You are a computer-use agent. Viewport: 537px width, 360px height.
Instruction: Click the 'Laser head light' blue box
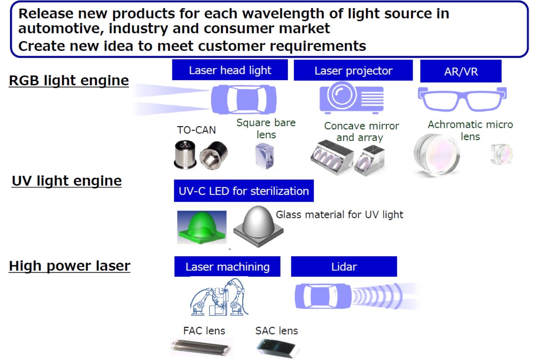[230, 70]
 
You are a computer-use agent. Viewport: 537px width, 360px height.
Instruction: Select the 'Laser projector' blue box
[353, 70]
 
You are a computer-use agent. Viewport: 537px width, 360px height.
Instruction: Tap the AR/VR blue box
[461, 71]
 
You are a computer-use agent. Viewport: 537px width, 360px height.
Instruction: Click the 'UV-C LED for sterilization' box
[244, 191]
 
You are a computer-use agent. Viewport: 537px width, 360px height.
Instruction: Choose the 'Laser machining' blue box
[227, 266]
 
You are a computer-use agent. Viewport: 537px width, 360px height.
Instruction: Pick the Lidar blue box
[344, 266]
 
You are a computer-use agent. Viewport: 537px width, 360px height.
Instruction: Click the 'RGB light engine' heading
[69, 80]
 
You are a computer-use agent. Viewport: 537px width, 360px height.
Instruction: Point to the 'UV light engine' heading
[67, 181]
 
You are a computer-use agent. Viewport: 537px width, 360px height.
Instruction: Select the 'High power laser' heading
[69, 266]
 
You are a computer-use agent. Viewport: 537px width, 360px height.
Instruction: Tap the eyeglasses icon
[462, 99]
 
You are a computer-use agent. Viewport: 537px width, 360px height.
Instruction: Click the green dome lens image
[202, 227]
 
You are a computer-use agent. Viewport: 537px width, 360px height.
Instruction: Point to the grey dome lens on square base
[258, 226]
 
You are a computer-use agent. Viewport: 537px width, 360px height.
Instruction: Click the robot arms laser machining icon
[219, 297]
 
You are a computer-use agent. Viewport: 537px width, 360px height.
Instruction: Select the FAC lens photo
[201, 347]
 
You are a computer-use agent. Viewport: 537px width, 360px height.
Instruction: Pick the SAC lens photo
[278, 349]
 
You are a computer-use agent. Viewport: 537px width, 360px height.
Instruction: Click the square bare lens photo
[265, 156]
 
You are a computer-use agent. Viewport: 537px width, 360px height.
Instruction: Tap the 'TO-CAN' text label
[196, 130]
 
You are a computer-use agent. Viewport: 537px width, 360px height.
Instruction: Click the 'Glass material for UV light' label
[340, 215]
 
